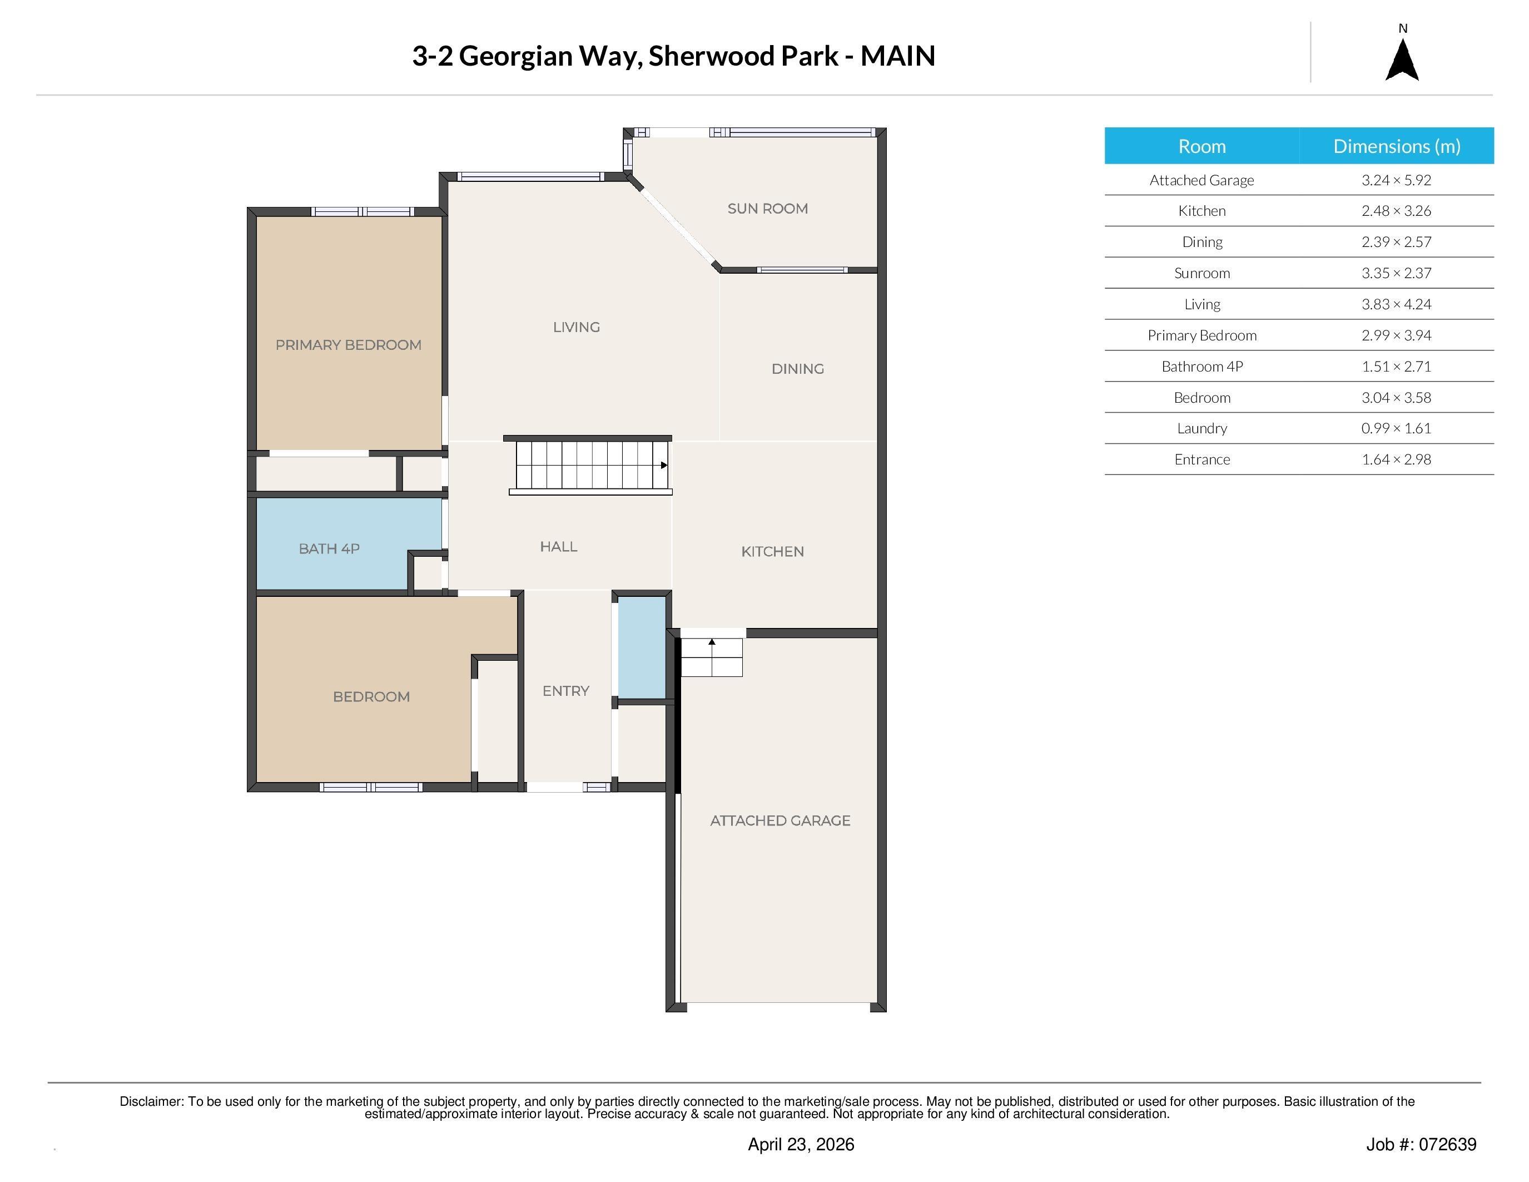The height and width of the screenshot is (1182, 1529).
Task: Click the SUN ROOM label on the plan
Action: pos(767,209)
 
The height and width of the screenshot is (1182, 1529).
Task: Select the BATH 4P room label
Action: pos(329,549)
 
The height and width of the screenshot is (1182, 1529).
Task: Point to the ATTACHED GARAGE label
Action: pos(780,820)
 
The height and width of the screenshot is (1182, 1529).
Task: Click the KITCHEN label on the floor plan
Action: pos(772,552)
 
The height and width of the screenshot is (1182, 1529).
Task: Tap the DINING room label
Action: pos(797,369)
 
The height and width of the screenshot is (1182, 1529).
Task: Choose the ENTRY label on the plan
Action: pos(565,691)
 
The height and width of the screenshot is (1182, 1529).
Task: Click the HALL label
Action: pos(559,547)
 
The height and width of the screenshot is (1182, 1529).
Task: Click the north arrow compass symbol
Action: pos(1402,60)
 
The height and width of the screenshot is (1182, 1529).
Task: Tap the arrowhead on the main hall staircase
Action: pos(664,465)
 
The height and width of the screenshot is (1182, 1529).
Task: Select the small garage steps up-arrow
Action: pos(712,641)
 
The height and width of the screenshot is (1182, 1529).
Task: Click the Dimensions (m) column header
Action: pos(1397,146)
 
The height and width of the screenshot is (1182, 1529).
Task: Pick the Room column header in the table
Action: pos(1202,146)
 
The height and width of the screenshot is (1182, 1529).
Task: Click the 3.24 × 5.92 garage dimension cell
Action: pos(1396,180)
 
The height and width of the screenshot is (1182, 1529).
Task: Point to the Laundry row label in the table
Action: pos(1202,428)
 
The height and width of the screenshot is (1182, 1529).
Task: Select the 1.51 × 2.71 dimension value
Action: pos(1396,366)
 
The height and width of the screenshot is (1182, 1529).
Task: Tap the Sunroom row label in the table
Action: pos(1202,273)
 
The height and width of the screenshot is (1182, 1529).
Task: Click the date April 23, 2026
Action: pos(801,1144)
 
